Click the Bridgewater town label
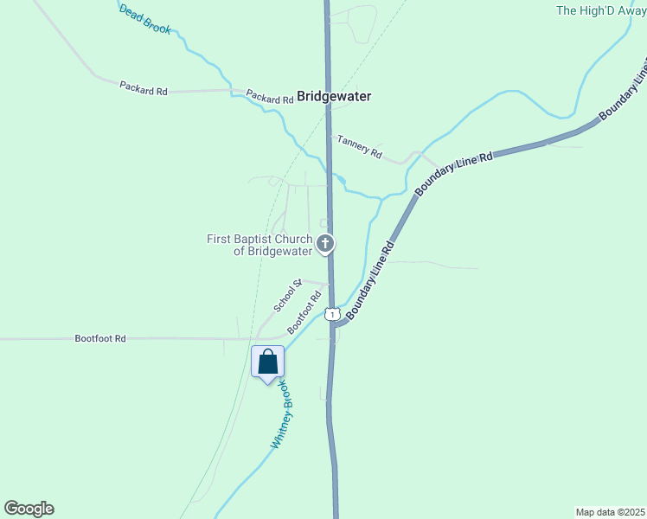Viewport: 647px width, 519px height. point(334,97)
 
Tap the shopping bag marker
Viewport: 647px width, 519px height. point(267,362)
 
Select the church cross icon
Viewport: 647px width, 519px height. point(325,244)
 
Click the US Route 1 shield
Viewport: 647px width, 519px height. point(331,314)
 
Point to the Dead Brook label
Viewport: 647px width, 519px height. point(145,18)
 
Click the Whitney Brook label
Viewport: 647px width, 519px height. point(284,416)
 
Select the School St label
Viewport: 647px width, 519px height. point(287,296)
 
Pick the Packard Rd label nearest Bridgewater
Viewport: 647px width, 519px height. point(270,97)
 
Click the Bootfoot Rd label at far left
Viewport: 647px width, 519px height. point(100,338)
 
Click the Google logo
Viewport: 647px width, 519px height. point(29,509)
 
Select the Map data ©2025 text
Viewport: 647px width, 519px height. point(611,511)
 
